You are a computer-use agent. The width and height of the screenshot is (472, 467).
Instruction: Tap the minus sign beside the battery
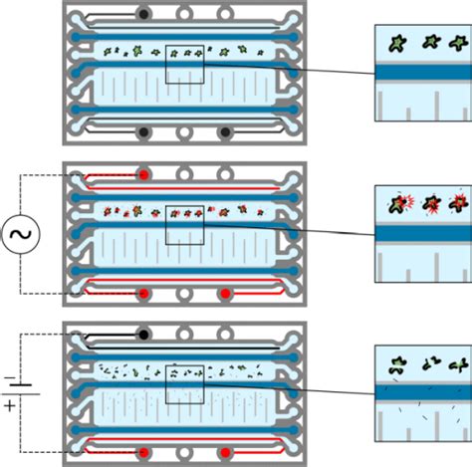point(10,378)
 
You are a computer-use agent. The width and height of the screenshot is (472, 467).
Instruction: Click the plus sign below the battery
point(10,407)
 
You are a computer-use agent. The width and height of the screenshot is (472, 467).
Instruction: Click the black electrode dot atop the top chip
point(145,14)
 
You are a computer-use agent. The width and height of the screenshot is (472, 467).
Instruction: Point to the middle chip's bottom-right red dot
point(225,293)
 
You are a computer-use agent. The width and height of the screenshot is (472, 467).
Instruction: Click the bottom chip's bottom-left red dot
point(145,453)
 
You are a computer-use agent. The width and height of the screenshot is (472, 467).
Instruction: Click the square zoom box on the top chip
point(184,61)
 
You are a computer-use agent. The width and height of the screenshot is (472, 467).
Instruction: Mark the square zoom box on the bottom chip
point(184,382)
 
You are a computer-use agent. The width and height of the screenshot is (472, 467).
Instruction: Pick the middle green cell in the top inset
point(431,42)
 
